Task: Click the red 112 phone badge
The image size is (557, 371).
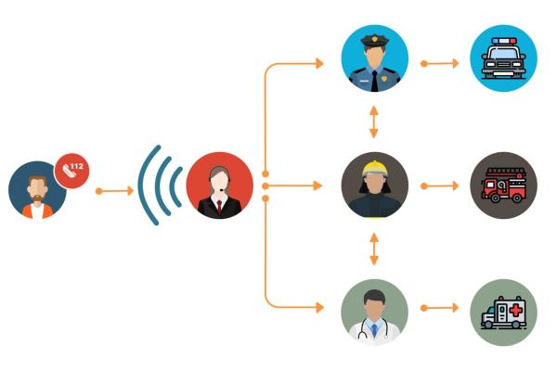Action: [x=71, y=171]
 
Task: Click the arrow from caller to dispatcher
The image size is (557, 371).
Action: [x=114, y=191]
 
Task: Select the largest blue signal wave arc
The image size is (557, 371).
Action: [x=148, y=185]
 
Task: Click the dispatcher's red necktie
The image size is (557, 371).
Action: [x=219, y=206]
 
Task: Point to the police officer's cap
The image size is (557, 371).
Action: [x=374, y=40]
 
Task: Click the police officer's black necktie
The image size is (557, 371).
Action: [x=375, y=81]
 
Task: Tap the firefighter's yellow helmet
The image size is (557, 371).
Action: [x=374, y=169]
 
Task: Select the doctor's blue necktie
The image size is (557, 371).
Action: [x=374, y=330]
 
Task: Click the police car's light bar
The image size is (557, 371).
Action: [x=503, y=41]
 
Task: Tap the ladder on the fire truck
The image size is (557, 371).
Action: [x=505, y=173]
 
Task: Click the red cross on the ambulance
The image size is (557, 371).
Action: [x=516, y=311]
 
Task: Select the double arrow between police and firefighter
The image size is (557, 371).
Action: [x=374, y=122]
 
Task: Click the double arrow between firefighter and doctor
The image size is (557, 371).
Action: [x=374, y=249]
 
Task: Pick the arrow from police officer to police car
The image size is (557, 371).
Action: [x=440, y=64]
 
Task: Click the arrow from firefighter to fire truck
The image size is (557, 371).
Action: [x=440, y=185]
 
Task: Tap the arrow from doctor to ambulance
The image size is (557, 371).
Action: [x=440, y=308]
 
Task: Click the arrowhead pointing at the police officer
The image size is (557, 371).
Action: [x=319, y=64]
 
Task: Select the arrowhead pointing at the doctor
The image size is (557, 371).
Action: [x=319, y=307]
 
